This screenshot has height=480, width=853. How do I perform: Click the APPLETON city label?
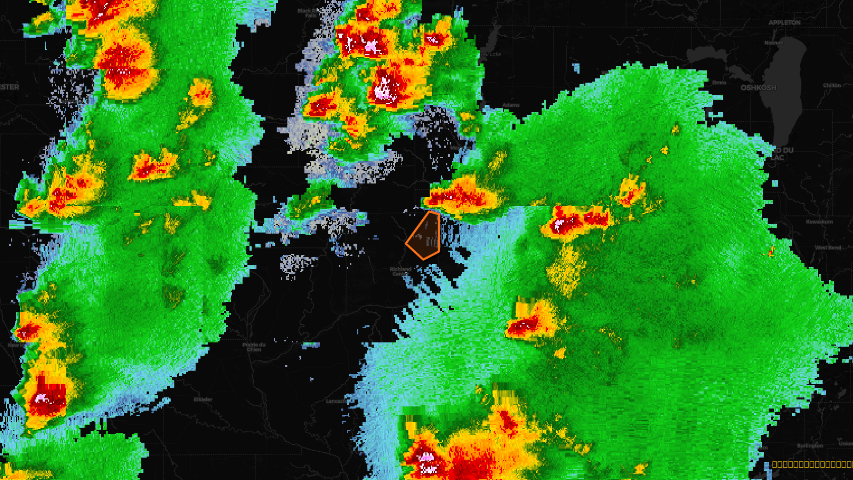[x=784, y=23]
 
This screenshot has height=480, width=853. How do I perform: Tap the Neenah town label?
[x=774, y=43]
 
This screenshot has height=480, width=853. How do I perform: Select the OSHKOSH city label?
[x=758, y=87]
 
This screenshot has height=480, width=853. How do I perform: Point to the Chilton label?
[x=832, y=85]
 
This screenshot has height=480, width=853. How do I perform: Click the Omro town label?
[x=719, y=83]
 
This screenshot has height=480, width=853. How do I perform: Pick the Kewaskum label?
[x=819, y=222]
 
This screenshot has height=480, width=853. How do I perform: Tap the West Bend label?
[x=828, y=247]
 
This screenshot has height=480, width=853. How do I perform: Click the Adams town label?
[x=511, y=105]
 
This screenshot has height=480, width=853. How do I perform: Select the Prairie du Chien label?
[x=254, y=347]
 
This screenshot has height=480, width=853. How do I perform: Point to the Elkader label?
[x=203, y=399]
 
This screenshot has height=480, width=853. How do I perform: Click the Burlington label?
[x=810, y=446]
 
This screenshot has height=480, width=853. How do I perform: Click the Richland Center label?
[x=400, y=271]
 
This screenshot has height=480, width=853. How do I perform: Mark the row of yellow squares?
[x=811, y=465]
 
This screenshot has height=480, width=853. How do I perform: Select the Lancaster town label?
[x=336, y=401]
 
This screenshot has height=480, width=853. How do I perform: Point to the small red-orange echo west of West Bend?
[x=771, y=251]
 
